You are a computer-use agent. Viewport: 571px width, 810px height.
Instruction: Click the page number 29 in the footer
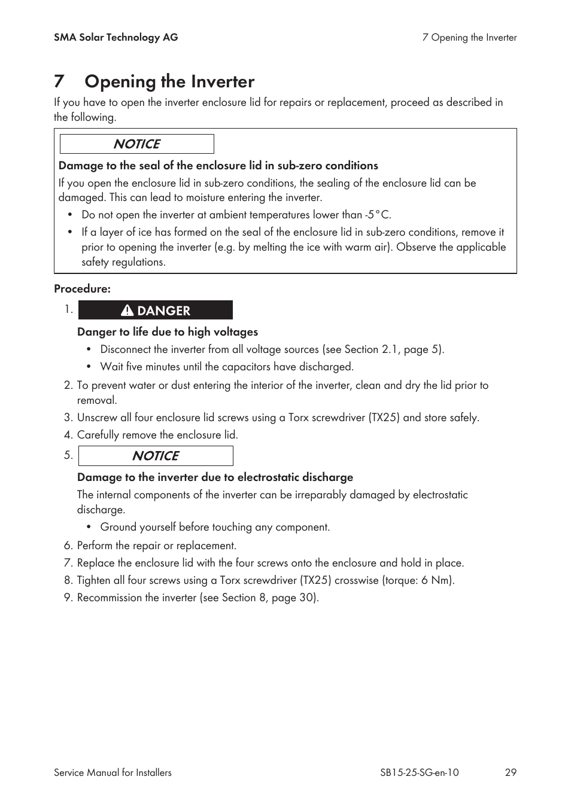point(510,772)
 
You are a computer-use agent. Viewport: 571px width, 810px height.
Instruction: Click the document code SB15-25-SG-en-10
point(419,772)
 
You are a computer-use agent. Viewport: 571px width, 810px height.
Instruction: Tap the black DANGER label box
point(156,310)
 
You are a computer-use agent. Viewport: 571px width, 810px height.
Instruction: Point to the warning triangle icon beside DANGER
point(127,310)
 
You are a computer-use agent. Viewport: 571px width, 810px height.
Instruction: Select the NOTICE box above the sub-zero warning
point(136,144)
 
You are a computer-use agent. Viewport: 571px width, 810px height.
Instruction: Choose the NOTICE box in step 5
point(156,456)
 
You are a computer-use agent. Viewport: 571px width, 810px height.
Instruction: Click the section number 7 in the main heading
point(59,81)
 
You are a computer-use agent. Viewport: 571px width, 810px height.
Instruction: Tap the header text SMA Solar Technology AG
point(116,37)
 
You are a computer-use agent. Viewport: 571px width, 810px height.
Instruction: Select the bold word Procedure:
point(82,288)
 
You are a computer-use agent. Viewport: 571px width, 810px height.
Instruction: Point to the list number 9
point(68,598)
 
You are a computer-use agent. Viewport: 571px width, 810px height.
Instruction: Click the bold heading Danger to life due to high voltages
point(168,332)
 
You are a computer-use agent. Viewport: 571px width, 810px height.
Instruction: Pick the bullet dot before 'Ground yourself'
point(89,527)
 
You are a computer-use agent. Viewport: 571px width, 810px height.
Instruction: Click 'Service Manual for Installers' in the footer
point(113,772)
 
